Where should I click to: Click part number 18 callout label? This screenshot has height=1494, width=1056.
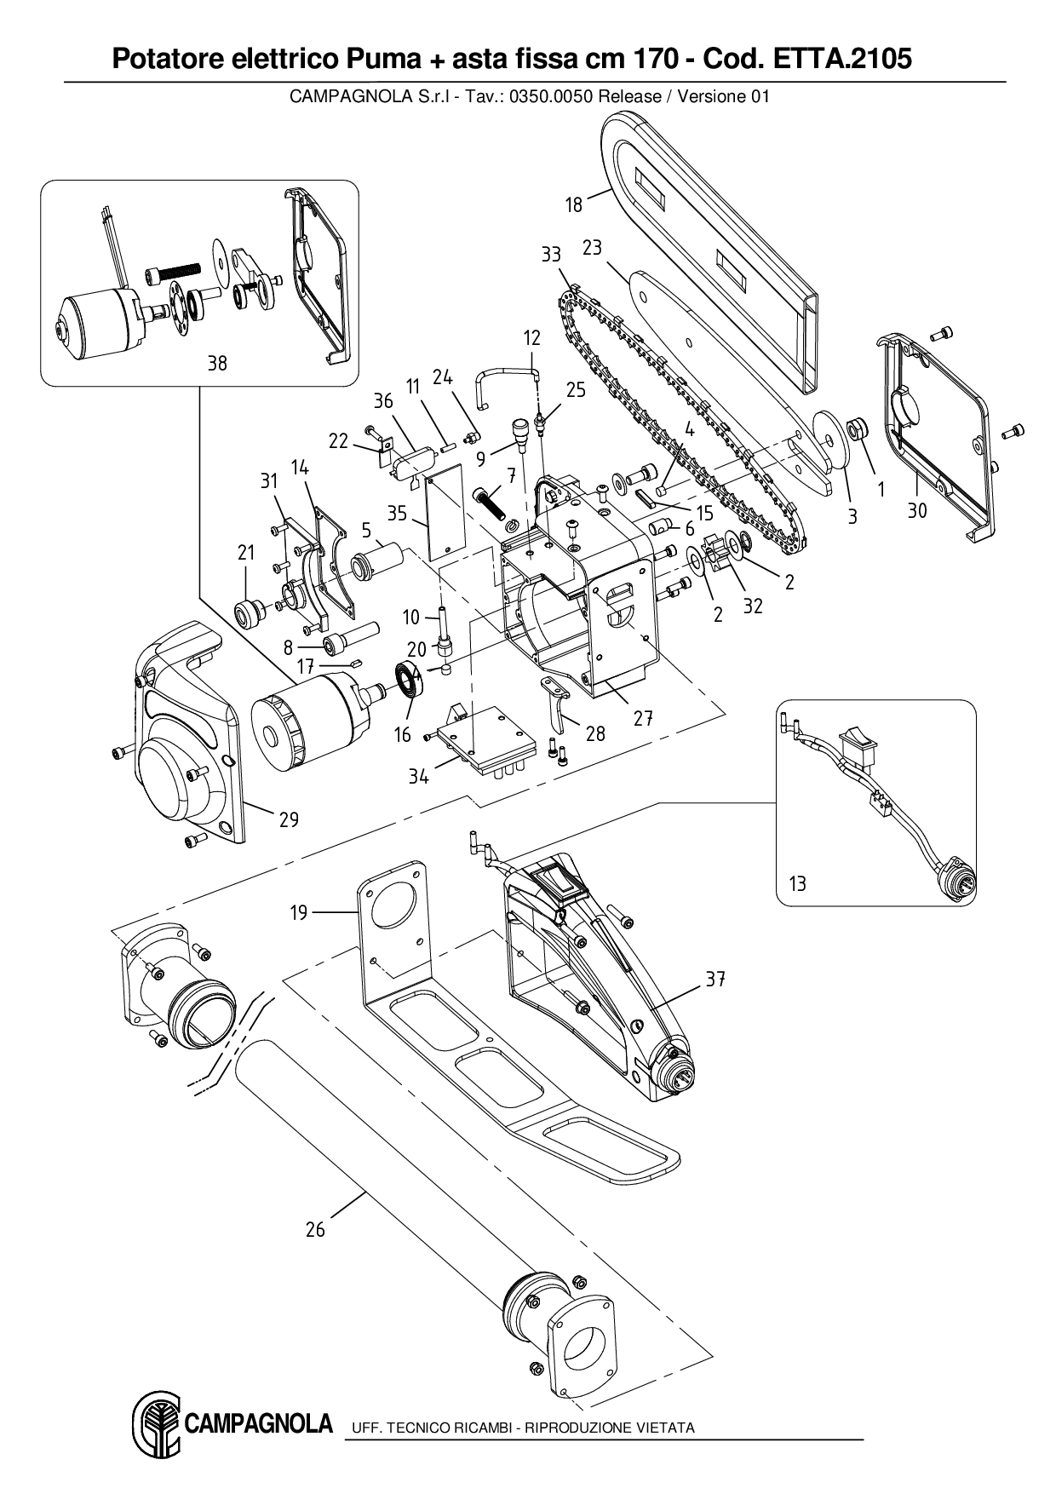[574, 204]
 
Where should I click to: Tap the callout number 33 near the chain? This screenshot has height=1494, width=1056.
[551, 255]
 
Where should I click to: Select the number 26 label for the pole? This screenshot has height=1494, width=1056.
[315, 1229]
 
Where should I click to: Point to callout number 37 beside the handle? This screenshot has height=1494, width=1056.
[715, 980]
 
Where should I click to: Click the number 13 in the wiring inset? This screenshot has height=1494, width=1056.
[797, 883]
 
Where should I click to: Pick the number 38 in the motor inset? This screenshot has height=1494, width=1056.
[217, 363]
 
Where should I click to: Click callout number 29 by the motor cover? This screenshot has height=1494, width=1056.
[289, 819]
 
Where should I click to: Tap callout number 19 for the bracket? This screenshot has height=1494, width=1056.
[298, 913]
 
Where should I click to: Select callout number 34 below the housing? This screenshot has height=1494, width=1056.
[418, 776]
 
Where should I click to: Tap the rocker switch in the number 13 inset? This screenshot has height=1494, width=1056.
[856, 746]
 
